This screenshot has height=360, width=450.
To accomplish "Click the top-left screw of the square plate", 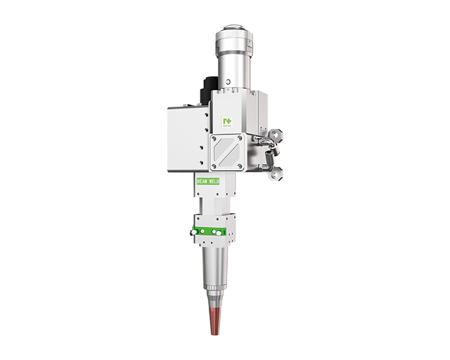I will (215, 138).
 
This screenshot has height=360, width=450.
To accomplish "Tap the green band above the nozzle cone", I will (211, 230).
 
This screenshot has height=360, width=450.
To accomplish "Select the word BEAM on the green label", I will (202, 182).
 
